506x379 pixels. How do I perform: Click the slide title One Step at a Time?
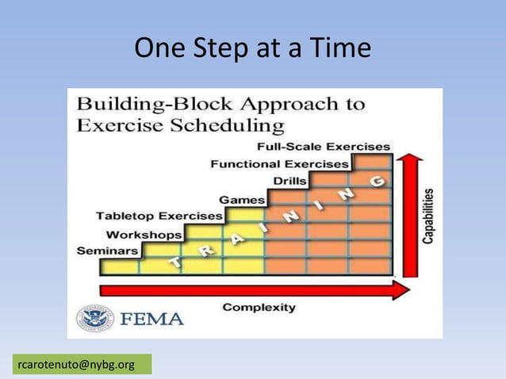point(252,49)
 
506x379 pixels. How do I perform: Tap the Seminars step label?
point(108,251)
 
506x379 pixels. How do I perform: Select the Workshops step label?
point(144,234)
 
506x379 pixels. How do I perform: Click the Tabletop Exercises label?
point(159,216)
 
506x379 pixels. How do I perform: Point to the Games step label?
point(242,199)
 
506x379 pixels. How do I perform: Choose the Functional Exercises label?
point(279,164)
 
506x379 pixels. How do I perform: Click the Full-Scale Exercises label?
point(324,147)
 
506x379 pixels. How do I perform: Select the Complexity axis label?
point(259,307)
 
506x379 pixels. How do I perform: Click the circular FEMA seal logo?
point(95,319)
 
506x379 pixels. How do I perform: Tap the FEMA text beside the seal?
point(151,320)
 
